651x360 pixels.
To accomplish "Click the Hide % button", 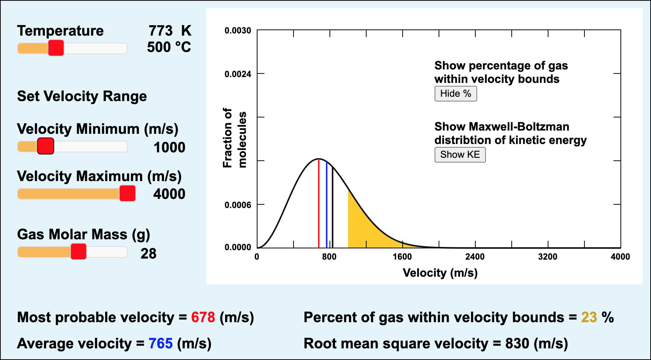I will coord(455,94).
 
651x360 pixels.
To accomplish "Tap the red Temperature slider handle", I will coord(56,48).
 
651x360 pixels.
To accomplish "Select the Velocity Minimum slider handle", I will coord(46,146).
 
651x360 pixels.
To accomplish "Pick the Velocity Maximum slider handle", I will coord(127,193).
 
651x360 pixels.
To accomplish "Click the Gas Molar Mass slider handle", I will coord(78,252).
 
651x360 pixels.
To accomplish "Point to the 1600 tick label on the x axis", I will coord(402,257).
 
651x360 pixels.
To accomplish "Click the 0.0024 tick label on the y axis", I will coord(237,74).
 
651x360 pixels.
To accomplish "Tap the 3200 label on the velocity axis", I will coord(547,257).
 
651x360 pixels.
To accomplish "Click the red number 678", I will coord(203,317).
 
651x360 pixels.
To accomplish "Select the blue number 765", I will coord(160,344).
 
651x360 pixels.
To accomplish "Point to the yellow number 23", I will coord(589,317).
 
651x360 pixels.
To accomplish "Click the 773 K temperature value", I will coord(169,31).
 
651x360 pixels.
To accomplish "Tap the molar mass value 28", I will coord(148,253).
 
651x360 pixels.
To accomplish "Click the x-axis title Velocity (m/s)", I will coord(440,273).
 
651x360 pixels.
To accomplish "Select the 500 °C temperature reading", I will coord(169,47).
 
